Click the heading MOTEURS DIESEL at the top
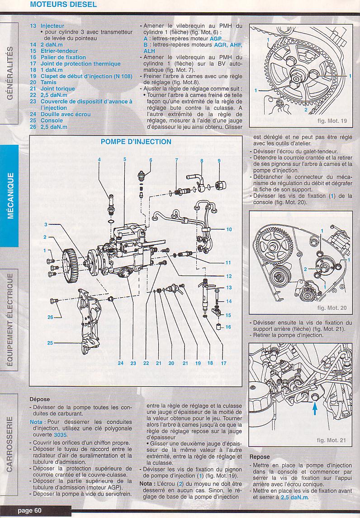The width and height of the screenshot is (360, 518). pyautogui.click(x=63, y=5)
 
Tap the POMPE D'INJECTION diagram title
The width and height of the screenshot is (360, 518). pyautogui.click(x=136, y=142)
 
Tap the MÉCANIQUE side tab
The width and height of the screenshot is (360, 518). pyautogui.click(x=10, y=195)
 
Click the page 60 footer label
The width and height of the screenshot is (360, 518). pyautogui.click(x=30, y=511)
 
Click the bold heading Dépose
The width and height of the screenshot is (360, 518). pyautogui.click(x=40, y=399)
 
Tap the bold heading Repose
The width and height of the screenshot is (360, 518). pyautogui.click(x=260, y=457)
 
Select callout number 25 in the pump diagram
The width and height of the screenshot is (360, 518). pyautogui.click(x=50, y=343)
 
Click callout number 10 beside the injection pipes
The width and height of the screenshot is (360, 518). pyautogui.click(x=229, y=229)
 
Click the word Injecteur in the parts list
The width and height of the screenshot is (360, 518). pyautogui.click(x=52, y=26)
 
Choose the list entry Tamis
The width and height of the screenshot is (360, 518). pyautogui.click(x=48, y=83)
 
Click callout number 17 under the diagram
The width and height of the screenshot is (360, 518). pyautogui.click(x=223, y=363)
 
